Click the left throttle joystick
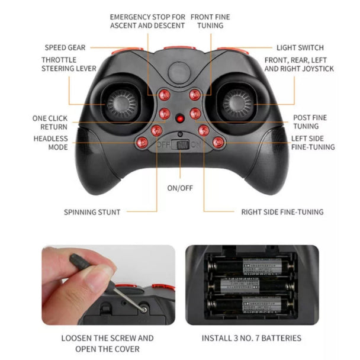[122, 105]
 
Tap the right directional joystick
[238, 105]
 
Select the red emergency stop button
[165, 95]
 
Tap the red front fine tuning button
[195, 95]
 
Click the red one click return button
[165, 113]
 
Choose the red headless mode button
[142, 143]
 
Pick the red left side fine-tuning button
[218, 143]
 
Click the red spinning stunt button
[157, 131]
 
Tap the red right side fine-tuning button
[204, 131]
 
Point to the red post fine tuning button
[195, 113]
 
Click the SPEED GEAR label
[65, 47]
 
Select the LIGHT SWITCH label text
[300, 47]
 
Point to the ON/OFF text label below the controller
[180, 188]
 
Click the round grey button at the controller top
[179, 72]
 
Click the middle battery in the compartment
[251, 287]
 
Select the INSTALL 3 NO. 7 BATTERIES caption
[252, 338]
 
